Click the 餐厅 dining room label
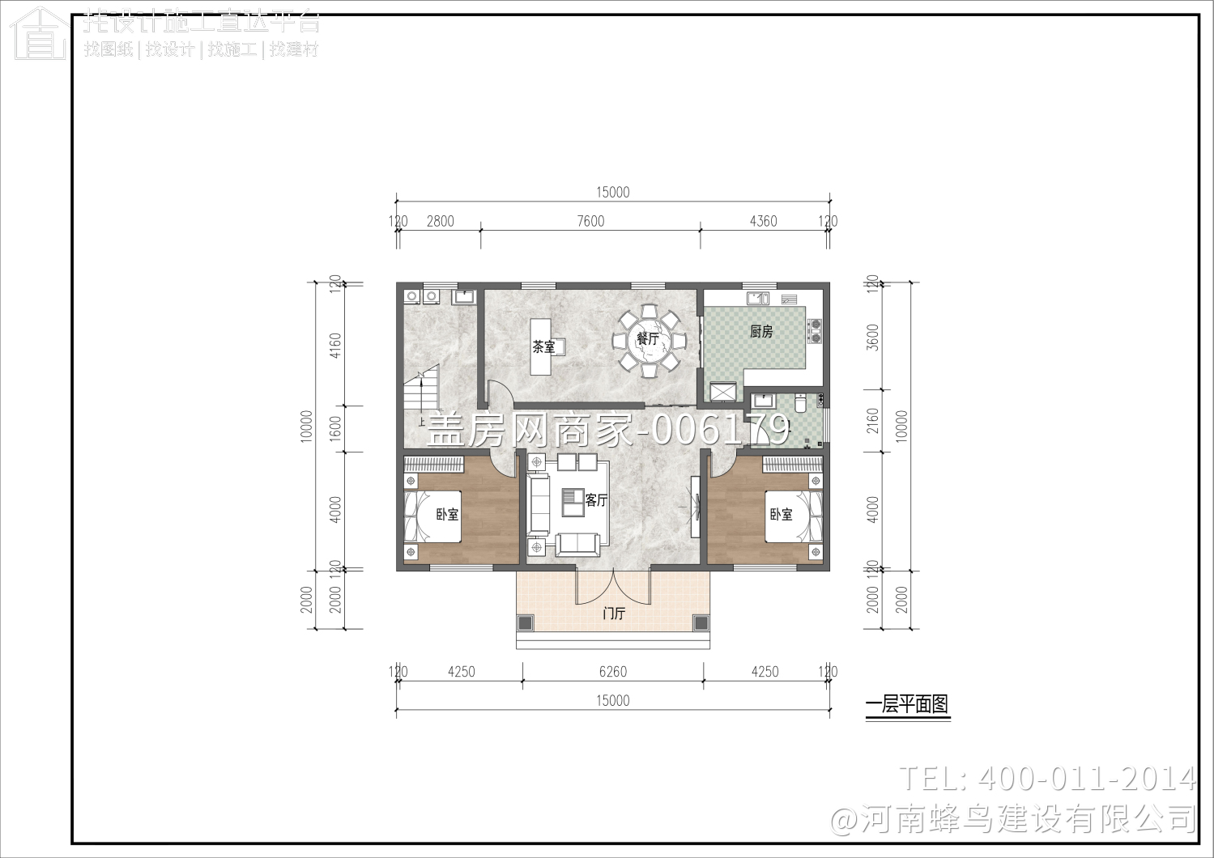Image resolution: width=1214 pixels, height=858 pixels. [648, 338]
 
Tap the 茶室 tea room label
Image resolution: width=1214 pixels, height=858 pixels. [543, 347]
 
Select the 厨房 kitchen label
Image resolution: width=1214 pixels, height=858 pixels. [761, 331]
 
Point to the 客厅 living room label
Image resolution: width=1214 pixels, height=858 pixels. [596, 500]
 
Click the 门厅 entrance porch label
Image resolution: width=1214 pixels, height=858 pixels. [614, 614]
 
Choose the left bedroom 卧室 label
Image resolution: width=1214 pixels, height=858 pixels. [447, 514]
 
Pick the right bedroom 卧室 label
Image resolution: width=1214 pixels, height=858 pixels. [781, 514]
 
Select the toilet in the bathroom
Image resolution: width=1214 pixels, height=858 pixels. [800, 402]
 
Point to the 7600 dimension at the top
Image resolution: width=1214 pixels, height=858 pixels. [590, 221]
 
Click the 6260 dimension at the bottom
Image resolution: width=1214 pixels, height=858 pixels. [612, 672]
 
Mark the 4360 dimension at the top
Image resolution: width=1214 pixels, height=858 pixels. [763, 221]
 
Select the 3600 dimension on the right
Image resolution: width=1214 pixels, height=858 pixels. [872, 337]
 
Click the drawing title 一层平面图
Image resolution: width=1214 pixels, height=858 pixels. [906, 704]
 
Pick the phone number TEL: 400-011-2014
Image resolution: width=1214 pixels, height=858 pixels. [1047, 779]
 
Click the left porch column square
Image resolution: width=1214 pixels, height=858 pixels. [526, 622]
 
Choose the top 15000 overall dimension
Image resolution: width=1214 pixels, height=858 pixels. [612, 192]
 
